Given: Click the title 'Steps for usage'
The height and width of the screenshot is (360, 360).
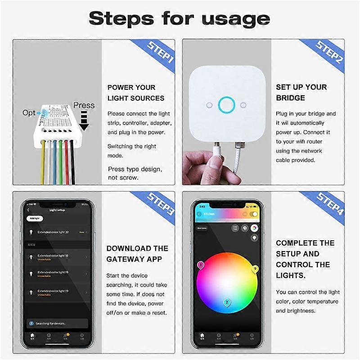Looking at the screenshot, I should click(179, 18).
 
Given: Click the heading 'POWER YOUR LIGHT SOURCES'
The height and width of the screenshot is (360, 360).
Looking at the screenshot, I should click(135, 93).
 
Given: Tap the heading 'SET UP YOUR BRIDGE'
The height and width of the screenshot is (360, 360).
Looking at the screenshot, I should click(301, 92).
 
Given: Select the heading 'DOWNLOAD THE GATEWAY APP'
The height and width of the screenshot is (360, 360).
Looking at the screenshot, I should click(137, 254).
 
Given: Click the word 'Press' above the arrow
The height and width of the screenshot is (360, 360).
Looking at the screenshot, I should click(84, 105).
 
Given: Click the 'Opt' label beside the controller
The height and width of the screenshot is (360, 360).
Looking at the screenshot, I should click(29, 112).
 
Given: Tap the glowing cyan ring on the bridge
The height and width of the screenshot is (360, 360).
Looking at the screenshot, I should click(226, 105).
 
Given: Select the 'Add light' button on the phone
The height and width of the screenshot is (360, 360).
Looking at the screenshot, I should click(34, 218).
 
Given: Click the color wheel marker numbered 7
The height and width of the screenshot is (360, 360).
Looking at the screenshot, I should click(227, 302).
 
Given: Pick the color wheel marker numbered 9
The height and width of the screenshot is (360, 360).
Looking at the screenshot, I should click(255, 269).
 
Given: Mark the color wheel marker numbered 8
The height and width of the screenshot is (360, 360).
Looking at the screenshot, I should click(201, 265).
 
